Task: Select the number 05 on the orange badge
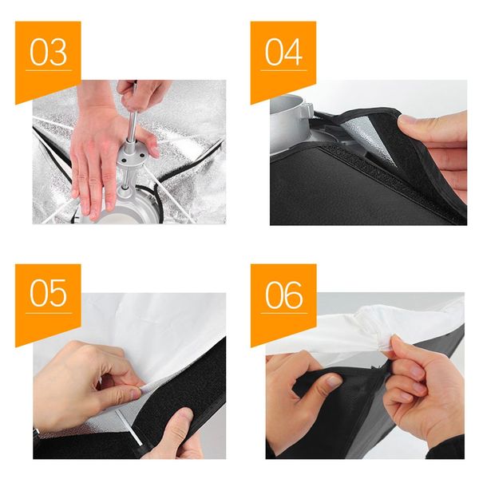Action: (x=48, y=292)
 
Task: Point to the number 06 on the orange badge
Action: (x=283, y=292)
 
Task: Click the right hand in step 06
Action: (x=419, y=391)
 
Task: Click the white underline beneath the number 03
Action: (x=48, y=71)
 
